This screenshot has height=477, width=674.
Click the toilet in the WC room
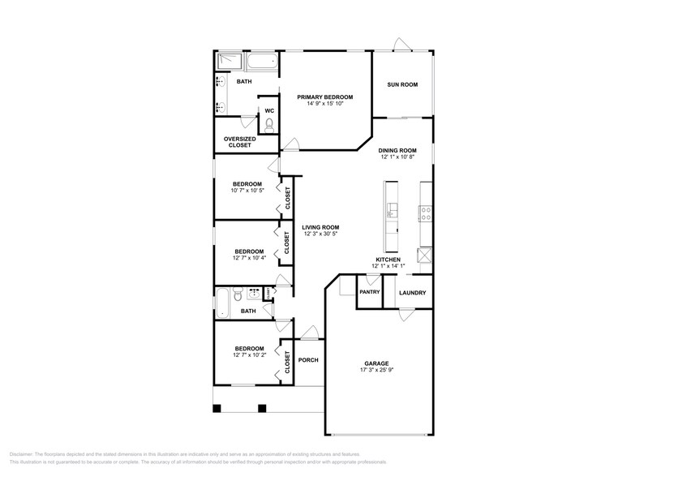[268, 124]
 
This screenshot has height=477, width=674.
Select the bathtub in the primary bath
[260, 62]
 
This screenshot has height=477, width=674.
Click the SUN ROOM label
[402, 84]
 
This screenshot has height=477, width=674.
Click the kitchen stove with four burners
[425, 213]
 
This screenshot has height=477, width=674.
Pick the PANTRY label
[370, 292]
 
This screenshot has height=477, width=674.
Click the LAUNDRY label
[412, 292]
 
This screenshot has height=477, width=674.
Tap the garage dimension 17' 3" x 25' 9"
[376, 371]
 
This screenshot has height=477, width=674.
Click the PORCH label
[308, 360]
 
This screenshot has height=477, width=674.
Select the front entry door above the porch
[307, 333]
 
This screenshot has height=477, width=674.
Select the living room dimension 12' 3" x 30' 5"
[320, 234]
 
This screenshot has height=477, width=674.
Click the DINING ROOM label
[397, 150]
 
